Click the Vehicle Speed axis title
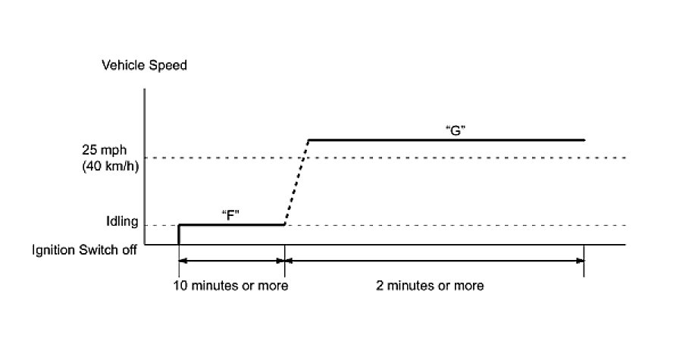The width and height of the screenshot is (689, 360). tap(144, 65)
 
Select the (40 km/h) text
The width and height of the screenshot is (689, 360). tap(111, 166)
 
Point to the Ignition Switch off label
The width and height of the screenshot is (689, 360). tap(84, 249)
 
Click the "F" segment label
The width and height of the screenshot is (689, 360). tap(230, 214)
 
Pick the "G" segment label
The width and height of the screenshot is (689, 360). tap(455, 130)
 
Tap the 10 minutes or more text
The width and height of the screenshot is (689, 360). tap(231, 286)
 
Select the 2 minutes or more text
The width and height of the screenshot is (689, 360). tap(430, 286)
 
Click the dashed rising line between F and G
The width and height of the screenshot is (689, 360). tap(296, 182)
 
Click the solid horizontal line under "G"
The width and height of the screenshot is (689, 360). tap(447, 140)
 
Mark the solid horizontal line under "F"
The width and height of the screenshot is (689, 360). tap(231, 224)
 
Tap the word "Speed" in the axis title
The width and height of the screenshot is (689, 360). tap(169, 65)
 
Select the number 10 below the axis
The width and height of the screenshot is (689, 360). tap(181, 286)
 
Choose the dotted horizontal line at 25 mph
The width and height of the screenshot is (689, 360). tap(455, 158)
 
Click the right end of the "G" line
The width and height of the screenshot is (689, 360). tap(584, 140)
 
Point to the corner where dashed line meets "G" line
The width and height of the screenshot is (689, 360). tap(308, 140)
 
